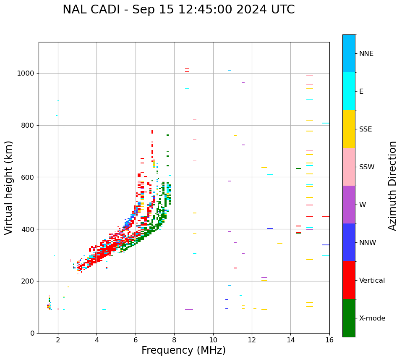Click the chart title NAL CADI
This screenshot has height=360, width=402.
tap(178, 10)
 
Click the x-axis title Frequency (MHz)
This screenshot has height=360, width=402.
tap(183, 350)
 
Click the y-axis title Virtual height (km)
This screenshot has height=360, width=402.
tap(9, 187)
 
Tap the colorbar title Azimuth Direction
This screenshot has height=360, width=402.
tap(392, 186)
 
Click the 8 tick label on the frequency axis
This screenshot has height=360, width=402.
tap(174, 339)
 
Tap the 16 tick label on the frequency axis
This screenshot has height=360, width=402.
tap(329, 339)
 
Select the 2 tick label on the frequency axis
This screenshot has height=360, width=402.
tap(58, 339)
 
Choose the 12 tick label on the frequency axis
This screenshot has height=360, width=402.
tap(252, 339)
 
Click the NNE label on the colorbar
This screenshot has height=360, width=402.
tap(366, 54)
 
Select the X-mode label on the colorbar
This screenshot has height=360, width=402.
tap(372, 318)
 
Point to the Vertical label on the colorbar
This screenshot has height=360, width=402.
tap(372, 281)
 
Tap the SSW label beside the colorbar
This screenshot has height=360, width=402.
tap(367, 167)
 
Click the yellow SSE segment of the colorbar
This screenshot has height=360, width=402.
tap(349, 129)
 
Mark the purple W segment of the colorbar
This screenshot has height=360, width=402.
tap(349, 205)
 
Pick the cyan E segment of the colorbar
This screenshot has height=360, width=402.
tap(349, 91)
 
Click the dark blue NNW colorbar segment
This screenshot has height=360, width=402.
tap(349, 242)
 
